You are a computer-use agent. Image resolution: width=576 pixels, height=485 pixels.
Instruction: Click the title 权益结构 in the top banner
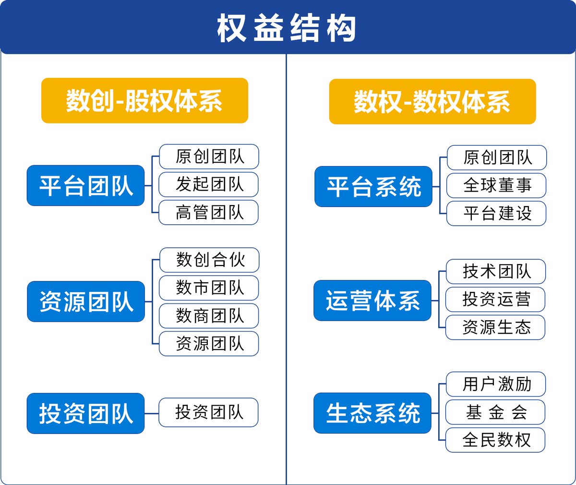pos(287,28)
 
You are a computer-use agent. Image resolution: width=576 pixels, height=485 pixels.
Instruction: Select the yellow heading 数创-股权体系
pos(144,100)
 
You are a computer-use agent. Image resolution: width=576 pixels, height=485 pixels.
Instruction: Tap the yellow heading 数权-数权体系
pos(432,102)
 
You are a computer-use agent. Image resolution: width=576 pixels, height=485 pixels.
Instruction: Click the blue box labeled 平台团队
pos(85,185)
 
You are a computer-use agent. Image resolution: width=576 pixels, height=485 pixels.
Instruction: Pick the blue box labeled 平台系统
pos(373,187)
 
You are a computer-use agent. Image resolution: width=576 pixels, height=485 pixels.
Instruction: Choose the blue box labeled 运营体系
pos(372,301)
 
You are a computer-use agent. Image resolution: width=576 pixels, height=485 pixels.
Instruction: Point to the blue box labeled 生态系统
pos(372,413)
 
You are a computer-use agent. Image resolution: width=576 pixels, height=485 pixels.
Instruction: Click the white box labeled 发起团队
pos(208,184)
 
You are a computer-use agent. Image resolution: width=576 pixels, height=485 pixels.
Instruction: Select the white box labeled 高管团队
pos(208,212)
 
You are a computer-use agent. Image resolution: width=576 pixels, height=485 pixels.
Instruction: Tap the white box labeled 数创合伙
pos(209,260)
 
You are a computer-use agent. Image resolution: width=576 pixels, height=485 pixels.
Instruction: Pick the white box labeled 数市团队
pos(209,288)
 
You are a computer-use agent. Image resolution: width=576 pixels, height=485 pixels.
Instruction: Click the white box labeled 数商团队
pos(209,316)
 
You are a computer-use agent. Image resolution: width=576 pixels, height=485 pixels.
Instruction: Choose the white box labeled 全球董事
pos(496,185)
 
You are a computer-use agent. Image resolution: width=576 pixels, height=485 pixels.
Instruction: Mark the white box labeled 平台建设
pos(496,213)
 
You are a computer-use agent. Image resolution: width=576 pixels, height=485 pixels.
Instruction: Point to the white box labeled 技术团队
pos(496,271)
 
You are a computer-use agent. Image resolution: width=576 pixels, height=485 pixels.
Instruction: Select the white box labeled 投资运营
pos(495,300)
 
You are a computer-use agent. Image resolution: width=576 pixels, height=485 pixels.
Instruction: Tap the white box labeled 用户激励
pos(496,384)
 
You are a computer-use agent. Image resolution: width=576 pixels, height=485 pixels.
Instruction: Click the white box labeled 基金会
pos(495,412)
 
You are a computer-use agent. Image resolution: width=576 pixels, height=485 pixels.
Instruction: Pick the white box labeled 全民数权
pos(495,440)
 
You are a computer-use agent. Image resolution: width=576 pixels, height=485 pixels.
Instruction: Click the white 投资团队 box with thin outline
pos(208,412)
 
